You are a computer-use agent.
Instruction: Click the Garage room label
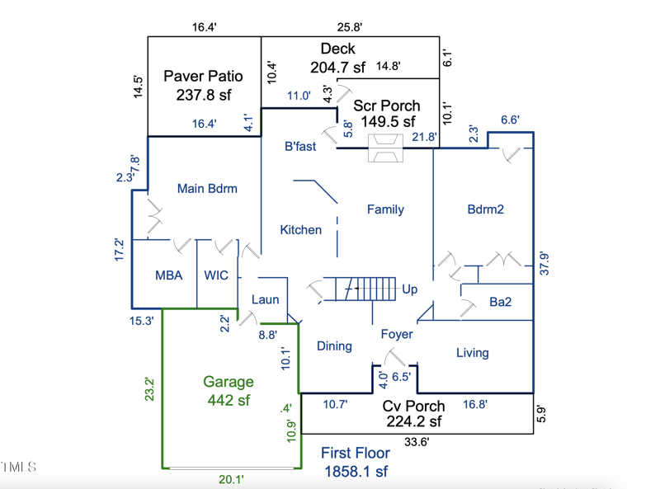(229, 382)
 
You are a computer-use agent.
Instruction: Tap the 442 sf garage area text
(229, 400)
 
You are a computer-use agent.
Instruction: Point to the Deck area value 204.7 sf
(337, 67)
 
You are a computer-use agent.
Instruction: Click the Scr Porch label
(386, 106)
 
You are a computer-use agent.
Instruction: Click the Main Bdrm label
(207, 188)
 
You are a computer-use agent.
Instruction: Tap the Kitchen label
(300, 229)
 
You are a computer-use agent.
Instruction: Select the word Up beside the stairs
(409, 289)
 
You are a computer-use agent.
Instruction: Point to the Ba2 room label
(500, 303)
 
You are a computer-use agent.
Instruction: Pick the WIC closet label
(216, 275)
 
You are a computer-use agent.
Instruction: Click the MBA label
(169, 275)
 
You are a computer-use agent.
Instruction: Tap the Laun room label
(265, 300)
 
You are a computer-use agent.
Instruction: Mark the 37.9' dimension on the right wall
(543, 262)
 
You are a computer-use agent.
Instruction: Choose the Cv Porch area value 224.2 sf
(414, 421)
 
